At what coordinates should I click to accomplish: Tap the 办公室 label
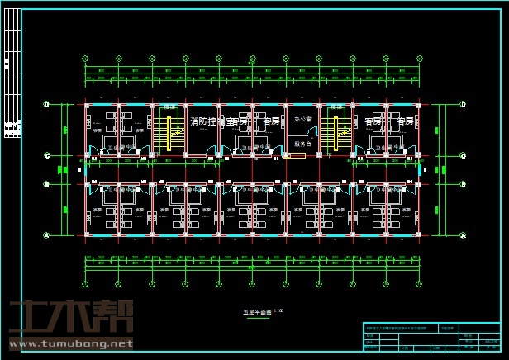click(303, 119)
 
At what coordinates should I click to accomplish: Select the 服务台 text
click(303, 144)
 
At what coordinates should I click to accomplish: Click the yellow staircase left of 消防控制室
click(169, 133)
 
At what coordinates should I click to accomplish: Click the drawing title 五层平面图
click(257, 312)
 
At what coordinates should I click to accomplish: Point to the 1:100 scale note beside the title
click(278, 310)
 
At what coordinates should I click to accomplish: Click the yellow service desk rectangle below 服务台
click(295, 154)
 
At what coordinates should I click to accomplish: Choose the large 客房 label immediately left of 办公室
click(270, 121)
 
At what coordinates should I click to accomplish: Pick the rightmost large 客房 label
click(405, 121)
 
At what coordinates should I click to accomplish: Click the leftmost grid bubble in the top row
click(86, 59)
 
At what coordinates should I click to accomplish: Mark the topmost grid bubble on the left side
click(47, 104)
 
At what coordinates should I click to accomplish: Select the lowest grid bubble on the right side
click(459, 235)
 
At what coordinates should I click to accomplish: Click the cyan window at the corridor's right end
click(420, 169)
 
